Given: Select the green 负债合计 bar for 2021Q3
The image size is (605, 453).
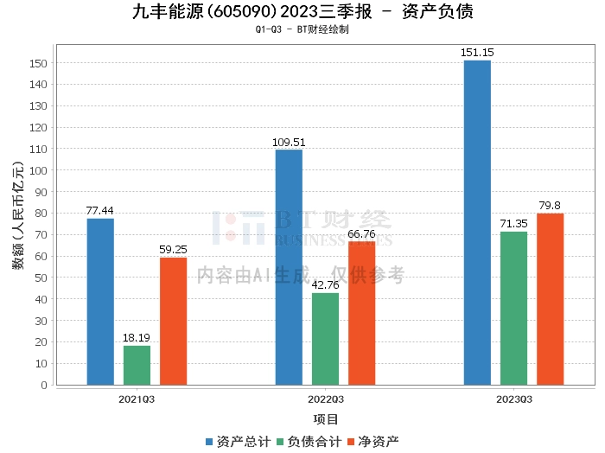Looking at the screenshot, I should click(137, 365).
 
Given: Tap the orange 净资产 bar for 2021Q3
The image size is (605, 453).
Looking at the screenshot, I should click(173, 321).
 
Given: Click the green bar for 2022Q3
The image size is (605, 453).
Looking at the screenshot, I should click(325, 338).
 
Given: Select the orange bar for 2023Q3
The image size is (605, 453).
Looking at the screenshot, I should click(550, 298).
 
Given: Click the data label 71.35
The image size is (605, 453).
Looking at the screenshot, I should click(513, 224).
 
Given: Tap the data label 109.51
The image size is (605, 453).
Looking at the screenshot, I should click(290, 143).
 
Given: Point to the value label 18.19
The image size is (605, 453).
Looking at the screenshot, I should click(137, 338).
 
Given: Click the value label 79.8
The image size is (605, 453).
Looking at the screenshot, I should click(550, 206).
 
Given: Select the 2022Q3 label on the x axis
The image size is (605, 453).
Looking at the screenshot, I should click(325, 399).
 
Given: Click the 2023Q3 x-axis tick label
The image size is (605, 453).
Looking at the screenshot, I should click(513, 399).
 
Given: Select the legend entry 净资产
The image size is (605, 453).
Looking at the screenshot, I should click(373, 441).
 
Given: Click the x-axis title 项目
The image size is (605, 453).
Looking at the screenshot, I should click(326, 419).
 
